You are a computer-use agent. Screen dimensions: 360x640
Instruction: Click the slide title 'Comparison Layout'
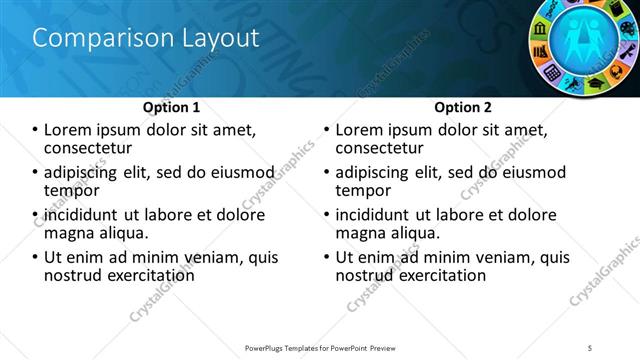click(146, 38)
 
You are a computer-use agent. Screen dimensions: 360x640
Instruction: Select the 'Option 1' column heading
click(171, 107)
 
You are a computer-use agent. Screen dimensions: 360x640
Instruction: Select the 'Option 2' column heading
click(463, 107)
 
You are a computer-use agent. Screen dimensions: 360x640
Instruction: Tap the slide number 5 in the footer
click(591, 347)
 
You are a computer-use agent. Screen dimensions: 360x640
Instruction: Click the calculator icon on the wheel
click(552, 72)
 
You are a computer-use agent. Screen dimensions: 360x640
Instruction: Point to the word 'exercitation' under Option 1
click(146, 275)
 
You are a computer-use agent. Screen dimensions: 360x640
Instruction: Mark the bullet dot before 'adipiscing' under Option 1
click(35, 172)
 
